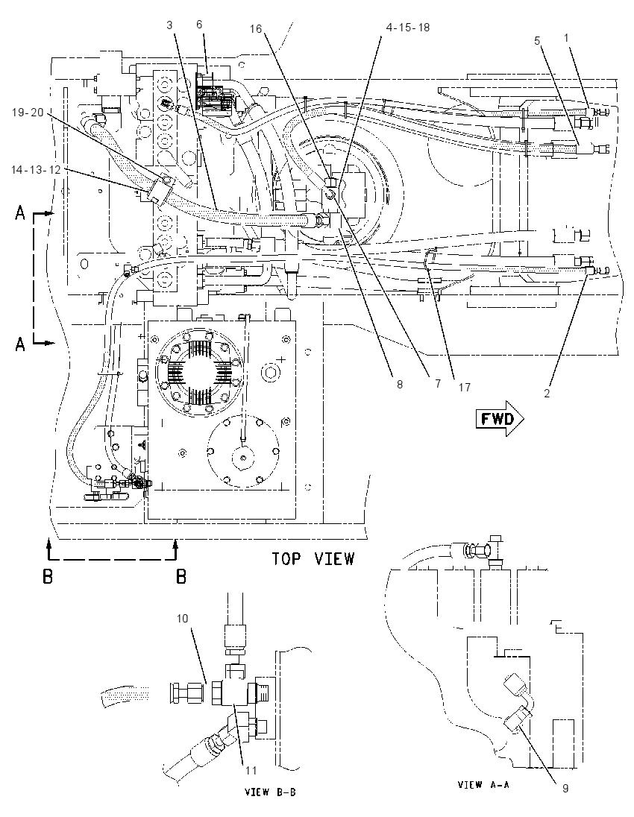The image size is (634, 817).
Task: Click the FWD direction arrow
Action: (499, 418)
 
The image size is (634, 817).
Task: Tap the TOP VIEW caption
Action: (313, 559)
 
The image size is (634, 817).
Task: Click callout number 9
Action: (565, 789)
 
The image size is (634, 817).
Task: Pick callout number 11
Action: (251, 770)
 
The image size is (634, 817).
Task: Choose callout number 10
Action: (182, 619)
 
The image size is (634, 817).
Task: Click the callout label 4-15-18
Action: (408, 27)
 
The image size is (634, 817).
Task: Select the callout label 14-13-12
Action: (36, 170)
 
